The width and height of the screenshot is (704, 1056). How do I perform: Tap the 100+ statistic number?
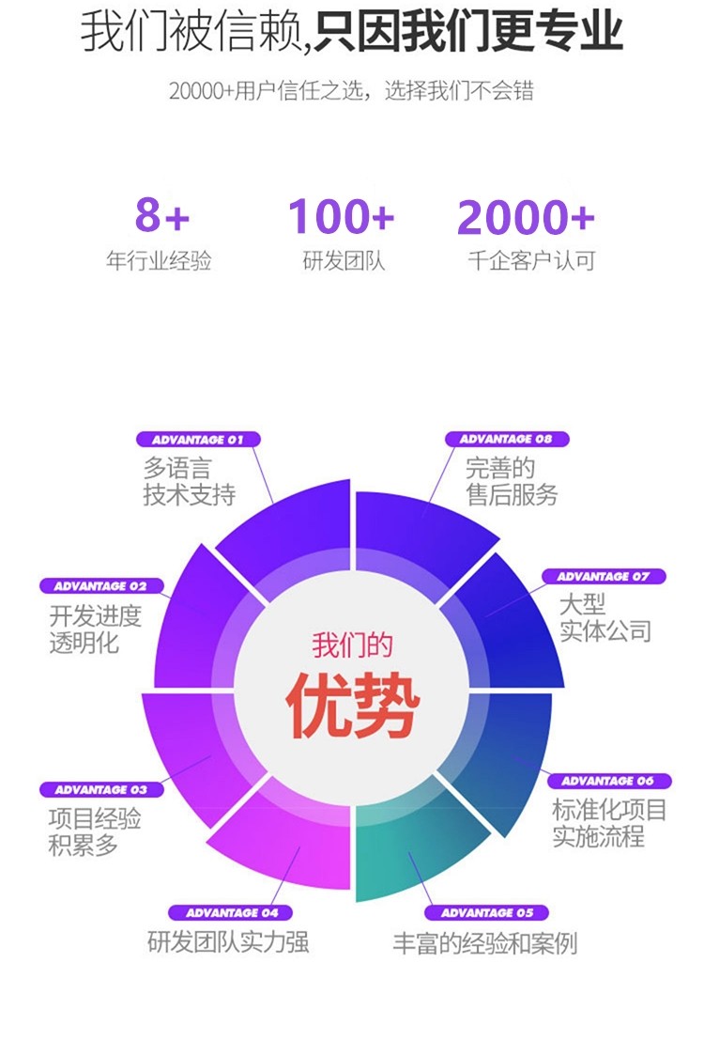341,217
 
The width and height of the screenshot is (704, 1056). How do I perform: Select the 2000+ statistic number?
526,218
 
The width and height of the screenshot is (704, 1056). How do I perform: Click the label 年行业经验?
159,261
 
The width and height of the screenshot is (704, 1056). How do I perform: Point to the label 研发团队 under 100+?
344,261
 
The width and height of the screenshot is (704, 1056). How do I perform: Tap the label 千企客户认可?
531,261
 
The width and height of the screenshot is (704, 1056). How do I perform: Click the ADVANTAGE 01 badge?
198,439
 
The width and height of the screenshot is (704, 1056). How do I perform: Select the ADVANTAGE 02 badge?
100,586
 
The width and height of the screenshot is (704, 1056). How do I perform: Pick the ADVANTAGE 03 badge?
100,790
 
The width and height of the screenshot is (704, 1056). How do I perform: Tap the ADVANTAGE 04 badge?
232,912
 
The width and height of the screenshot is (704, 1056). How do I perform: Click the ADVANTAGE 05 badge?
486,912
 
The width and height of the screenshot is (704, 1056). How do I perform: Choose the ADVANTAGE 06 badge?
608,781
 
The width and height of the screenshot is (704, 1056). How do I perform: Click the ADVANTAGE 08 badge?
505,439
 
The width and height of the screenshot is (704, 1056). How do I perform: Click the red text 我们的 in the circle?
352,646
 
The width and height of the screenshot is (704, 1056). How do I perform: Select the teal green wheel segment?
413,850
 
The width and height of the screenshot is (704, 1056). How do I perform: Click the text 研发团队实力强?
228,942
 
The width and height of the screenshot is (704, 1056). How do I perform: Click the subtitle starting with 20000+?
351,91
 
